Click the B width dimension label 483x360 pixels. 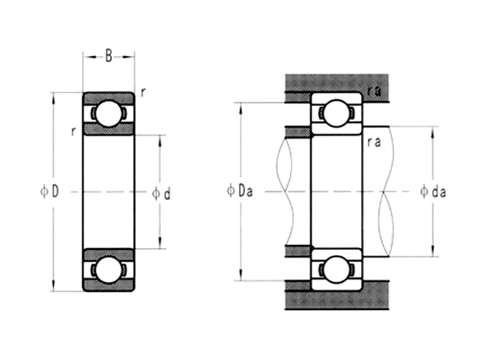coord(108,58)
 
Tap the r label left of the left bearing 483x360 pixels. coord(75,131)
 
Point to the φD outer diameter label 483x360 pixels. coord(49,192)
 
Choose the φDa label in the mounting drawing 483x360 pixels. coord(240,192)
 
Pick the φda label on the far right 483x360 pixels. coord(433,192)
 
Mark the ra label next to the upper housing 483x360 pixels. coord(374,89)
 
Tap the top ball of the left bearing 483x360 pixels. coord(108,114)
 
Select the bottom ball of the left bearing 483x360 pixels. coord(108,269)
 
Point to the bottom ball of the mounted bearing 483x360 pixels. coord(336,269)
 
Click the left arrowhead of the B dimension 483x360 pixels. coord(86,58)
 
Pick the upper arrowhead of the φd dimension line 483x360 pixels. coord(160,138)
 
